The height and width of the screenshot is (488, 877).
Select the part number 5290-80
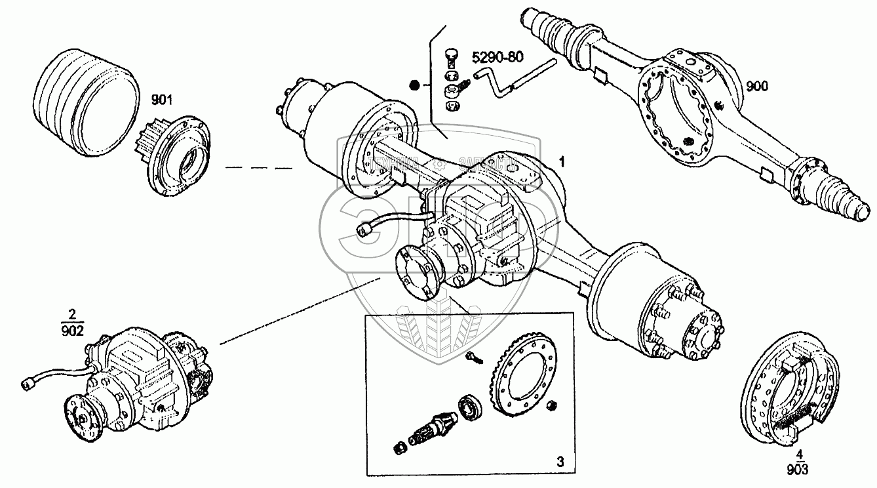[498, 57]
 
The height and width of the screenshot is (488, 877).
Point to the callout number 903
[798, 469]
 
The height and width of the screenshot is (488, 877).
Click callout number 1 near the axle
[561, 160]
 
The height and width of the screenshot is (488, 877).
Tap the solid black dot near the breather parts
[414, 85]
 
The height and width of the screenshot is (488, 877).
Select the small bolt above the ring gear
[473, 356]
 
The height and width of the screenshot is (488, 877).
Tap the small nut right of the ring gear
[553, 405]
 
